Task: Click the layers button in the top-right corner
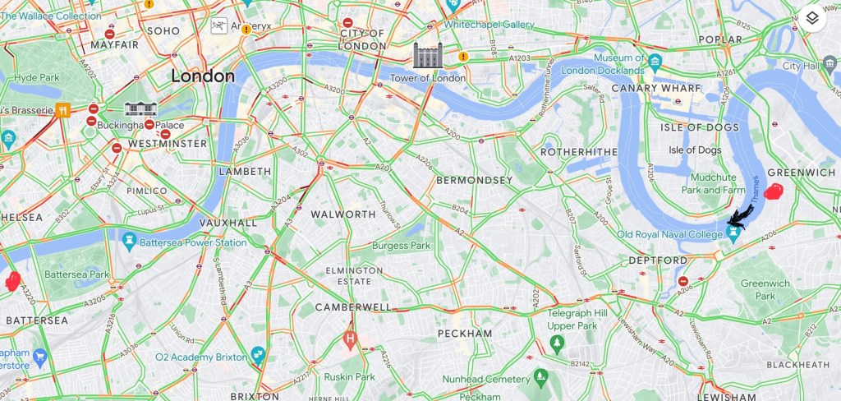point(811,18)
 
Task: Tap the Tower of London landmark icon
point(428,55)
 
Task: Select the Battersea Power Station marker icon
point(129,239)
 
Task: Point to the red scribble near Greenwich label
point(773,192)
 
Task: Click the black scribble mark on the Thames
point(740,216)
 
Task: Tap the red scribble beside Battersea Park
point(12,282)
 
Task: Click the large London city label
point(203,76)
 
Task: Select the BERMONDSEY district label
point(475,179)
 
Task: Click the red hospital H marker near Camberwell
point(351,338)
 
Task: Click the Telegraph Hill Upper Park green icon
point(557,341)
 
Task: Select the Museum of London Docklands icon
point(655,62)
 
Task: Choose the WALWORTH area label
point(343,214)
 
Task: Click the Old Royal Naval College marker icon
point(733,234)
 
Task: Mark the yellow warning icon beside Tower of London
point(463,57)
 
